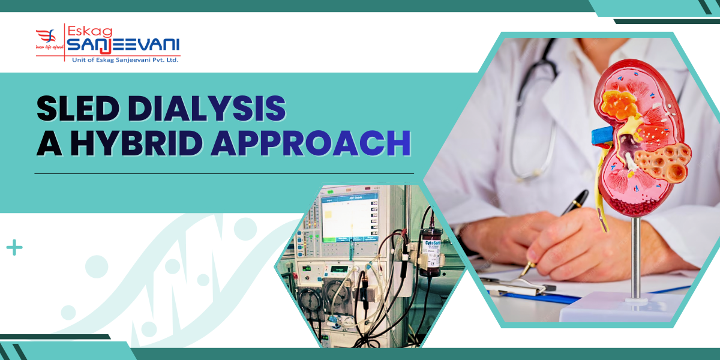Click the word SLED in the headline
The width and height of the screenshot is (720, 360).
click(x=77, y=109)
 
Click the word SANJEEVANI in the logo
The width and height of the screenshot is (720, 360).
click(x=122, y=44)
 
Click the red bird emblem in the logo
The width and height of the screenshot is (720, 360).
click(x=46, y=37)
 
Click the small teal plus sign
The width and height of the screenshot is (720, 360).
click(x=14, y=247)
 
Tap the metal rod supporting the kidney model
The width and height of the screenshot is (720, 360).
click(x=635, y=258)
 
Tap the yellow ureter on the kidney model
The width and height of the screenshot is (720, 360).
click(x=601, y=198)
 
